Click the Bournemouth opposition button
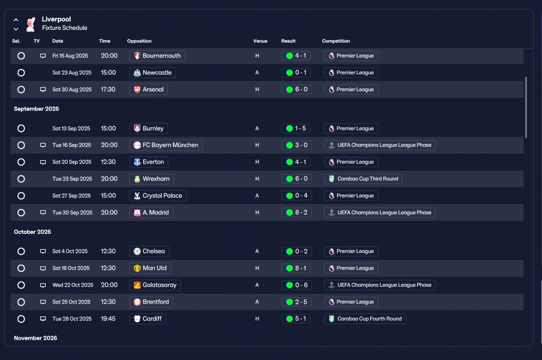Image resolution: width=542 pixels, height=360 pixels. tap(157, 55)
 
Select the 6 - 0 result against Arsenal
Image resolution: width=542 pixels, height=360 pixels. tap(296, 89)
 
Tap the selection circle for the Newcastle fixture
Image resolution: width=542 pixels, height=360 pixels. tap(21, 72)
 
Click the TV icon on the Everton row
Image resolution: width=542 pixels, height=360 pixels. tap(43, 162)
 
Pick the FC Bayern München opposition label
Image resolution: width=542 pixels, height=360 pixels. tap(166, 145)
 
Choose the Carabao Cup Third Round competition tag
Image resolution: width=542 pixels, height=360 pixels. tap(363, 179)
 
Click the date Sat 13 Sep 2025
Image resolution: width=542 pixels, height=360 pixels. tap(71, 128)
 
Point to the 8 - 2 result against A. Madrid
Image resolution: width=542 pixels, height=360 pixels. tap(296, 213)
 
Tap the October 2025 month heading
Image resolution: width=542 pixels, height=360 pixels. tap(33, 232)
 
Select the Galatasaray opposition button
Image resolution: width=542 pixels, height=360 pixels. tap(155, 285)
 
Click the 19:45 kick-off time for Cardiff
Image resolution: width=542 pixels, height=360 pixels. tap(108, 318)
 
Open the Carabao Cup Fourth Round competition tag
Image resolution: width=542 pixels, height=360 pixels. tap(365, 318)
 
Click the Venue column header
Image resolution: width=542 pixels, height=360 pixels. tap(260, 41)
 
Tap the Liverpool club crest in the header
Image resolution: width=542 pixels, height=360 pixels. tap(31, 24)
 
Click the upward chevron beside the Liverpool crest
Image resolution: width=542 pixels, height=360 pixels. tap(16, 20)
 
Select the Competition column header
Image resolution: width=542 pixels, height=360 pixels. tap(336, 41)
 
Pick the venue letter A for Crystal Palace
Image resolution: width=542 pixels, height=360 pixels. tap(257, 196)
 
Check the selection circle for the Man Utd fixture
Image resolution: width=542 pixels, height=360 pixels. tap(21, 269)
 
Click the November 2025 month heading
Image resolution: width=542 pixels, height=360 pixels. tap(36, 338)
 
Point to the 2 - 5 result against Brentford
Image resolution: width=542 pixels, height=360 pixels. tap(296, 302)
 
